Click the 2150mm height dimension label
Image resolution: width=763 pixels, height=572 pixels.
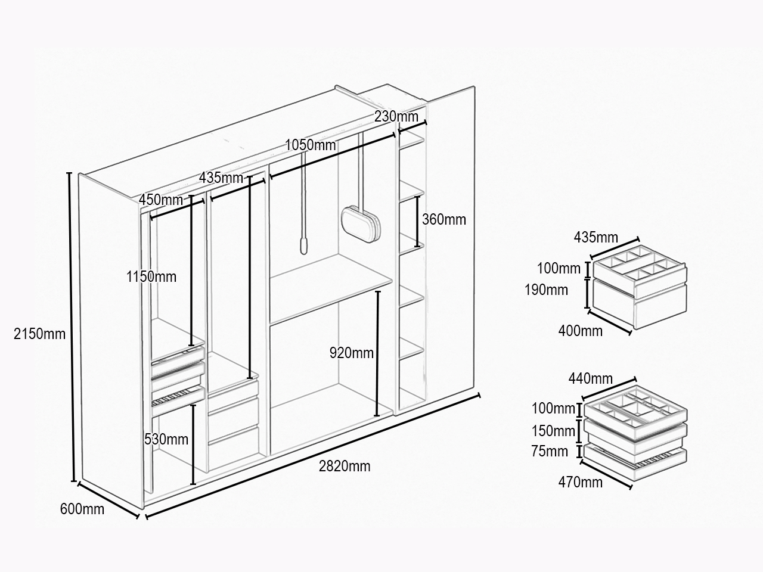click(x=39, y=334)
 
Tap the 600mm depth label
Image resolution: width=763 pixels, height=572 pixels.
click(x=82, y=509)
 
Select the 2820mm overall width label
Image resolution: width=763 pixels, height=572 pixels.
click(x=345, y=466)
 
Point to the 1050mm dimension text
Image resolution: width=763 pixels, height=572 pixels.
click(x=311, y=145)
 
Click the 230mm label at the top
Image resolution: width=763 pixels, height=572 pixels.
click(x=396, y=116)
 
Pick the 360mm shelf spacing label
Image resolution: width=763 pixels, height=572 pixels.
click(x=444, y=219)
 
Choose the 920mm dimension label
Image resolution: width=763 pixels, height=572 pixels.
click(x=352, y=353)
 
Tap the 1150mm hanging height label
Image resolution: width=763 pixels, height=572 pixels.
click(x=151, y=277)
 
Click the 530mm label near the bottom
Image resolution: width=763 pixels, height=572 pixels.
click(x=166, y=439)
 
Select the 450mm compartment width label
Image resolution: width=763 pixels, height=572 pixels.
click(x=160, y=200)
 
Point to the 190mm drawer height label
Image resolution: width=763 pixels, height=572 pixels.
click(x=546, y=290)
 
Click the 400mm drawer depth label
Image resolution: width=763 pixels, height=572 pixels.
click(x=581, y=331)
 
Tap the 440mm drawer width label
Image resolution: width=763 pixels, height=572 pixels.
click(x=591, y=378)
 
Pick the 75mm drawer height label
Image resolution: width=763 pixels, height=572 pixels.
click(x=550, y=451)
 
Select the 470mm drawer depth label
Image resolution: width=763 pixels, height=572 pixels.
click(x=581, y=482)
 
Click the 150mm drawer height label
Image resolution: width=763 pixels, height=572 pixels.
click(x=553, y=431)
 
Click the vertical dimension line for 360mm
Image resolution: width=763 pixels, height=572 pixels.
click(x=417, y=222)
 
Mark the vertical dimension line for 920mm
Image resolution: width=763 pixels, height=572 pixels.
click(x=377, y=353)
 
